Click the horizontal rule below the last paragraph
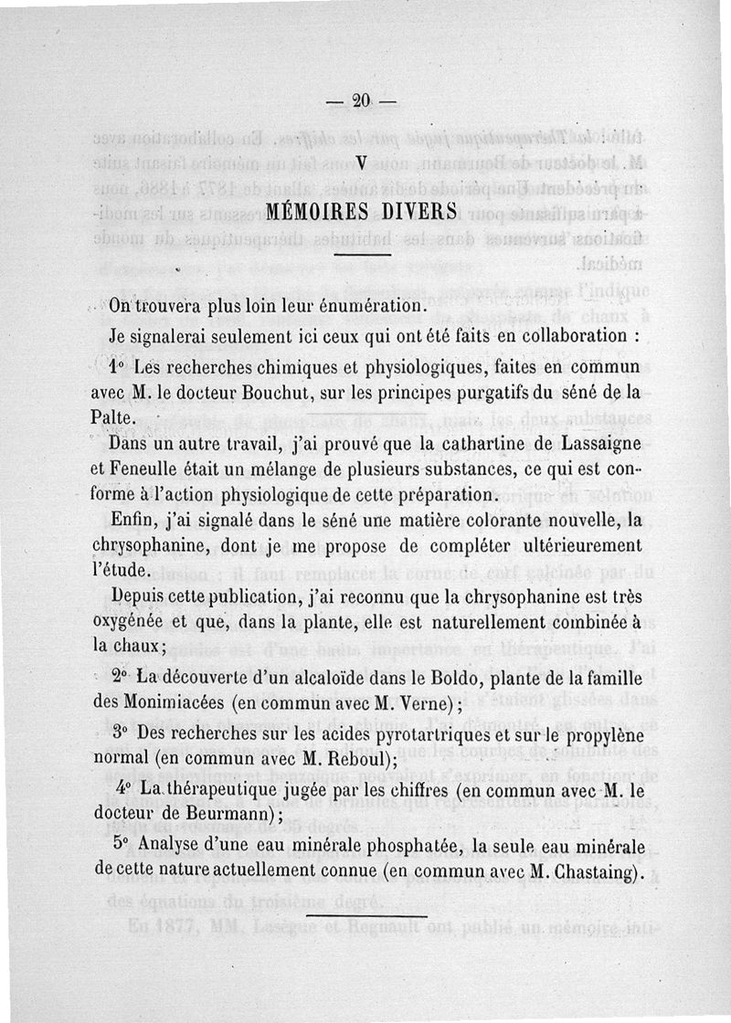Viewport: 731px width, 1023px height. point(365,914)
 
